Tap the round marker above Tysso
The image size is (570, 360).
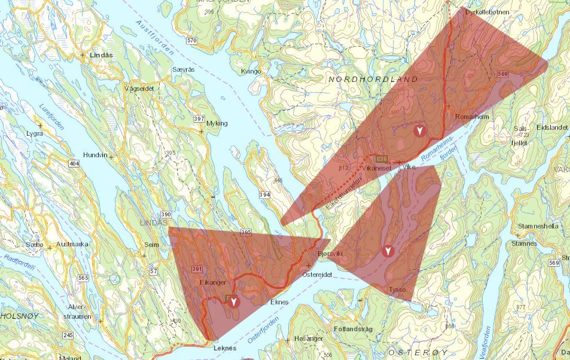389,251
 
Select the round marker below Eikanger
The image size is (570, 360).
233,301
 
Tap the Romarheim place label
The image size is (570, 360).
472,117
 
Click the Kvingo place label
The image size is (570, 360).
251,71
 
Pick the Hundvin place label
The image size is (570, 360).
95,154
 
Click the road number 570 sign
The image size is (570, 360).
191,41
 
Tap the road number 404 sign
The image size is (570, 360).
74,163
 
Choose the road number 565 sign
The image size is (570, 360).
83,277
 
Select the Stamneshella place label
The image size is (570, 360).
539,227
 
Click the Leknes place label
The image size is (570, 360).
225,348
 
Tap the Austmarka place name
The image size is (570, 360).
72,244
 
